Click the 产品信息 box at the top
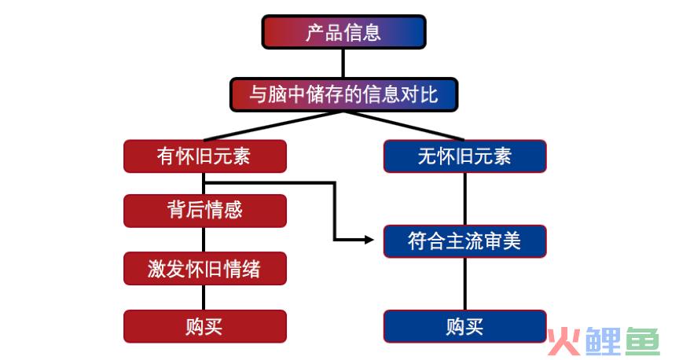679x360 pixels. [x=344, y=32]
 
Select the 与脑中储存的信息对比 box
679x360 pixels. [x=344, y=94]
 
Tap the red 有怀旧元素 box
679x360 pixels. [x=205, y=156]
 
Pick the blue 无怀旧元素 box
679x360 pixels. [x=465, y=156]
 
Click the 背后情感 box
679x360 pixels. [x=205, y=211]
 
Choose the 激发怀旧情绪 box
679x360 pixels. [x=205, y=269]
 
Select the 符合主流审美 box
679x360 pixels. [x=465, y=241]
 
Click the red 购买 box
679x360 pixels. [x=205, y=326]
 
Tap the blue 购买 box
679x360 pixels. [x=465, y=326]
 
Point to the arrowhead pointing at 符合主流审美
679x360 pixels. [x=369, y=239]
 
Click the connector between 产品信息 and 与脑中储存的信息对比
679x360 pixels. [x=343, y=63]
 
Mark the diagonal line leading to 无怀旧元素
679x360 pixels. [x=404, y=126]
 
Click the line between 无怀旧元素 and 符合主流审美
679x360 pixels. [x=465, y=199]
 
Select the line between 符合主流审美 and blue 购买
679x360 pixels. [x=465, y=284]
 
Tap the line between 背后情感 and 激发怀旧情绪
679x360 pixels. [x=204, y=240]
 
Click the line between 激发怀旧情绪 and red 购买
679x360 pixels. [x=204, y=297]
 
